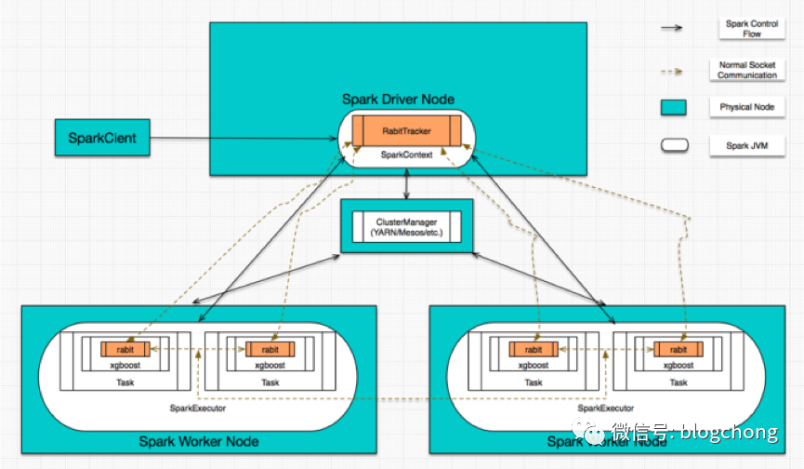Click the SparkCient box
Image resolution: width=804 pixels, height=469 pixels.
(102, 138)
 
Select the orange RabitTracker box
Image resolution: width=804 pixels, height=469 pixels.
(406, 131)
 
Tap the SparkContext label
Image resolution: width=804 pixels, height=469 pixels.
(406, 154)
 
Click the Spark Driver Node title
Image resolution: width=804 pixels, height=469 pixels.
(398, 99)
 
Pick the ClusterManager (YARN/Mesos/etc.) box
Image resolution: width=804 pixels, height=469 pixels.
(406, 227)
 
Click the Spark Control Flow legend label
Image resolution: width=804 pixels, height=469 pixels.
(752, 29)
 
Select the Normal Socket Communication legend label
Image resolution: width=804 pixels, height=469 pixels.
(747, 70)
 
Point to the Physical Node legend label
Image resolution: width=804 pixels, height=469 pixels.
(747, 107)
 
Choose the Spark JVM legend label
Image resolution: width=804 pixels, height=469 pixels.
(747, 146)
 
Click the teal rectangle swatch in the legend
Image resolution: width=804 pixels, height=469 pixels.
(673, 107)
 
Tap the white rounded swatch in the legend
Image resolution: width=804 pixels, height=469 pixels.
(674, 145)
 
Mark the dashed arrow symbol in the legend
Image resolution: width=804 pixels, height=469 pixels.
(672, 72)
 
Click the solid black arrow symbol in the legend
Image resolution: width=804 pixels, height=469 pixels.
(672, 28)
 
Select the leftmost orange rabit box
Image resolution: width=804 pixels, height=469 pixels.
(125, 350)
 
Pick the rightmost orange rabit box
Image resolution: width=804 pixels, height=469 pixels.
(679, 350)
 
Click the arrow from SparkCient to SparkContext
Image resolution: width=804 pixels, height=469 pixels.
(244, 138)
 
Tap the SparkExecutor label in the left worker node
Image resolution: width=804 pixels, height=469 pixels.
(198, 408)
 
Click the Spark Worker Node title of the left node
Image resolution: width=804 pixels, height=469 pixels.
(199, 441)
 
